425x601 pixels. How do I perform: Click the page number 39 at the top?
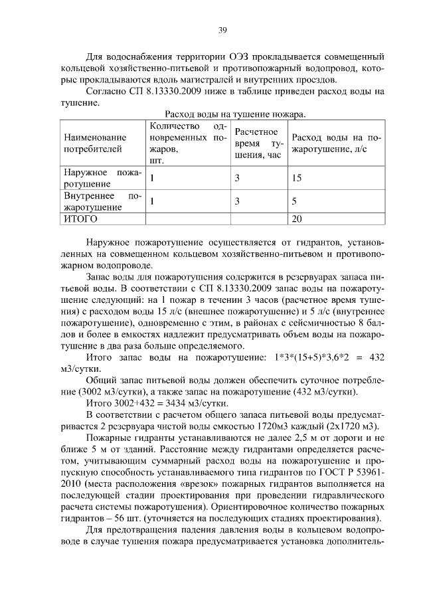coord(223,29)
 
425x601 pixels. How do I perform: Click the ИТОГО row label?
coord(80,218)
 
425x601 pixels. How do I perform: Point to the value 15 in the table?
coord(297,178)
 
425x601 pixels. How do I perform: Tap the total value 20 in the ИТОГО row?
coord(297,218)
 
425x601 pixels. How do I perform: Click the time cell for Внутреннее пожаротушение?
coord(237,201)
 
